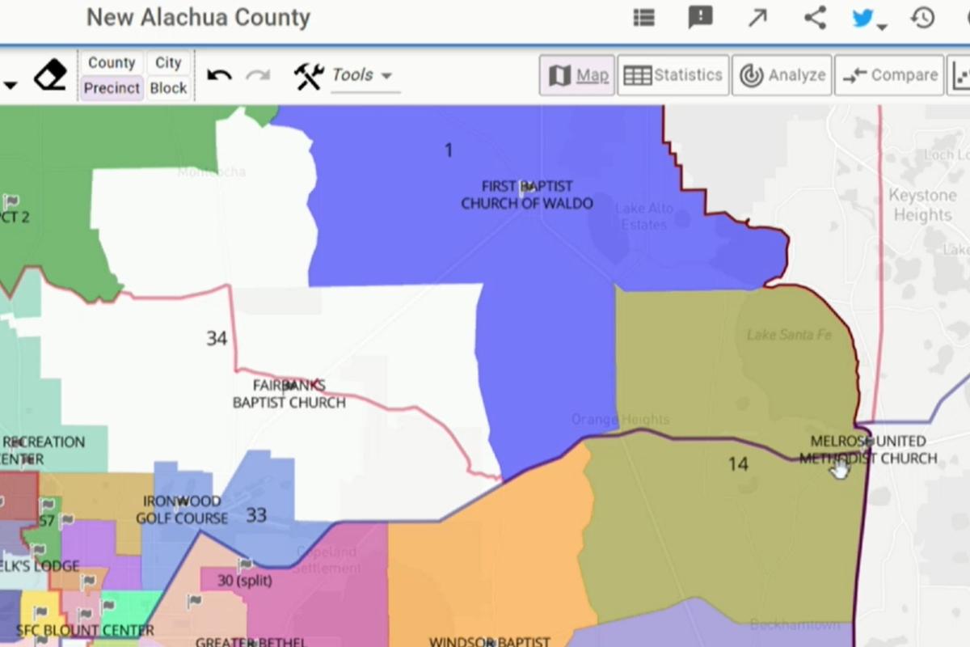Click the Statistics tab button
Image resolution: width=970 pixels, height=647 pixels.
[673, 75]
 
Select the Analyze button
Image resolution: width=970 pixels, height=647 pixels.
[782, 75]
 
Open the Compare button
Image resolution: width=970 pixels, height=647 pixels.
[889, 75]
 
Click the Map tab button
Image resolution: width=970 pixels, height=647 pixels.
[577, 75]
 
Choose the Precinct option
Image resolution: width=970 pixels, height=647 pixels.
[112, 88]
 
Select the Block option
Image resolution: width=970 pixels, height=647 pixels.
[168, 88]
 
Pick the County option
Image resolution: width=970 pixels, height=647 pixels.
[112, 63]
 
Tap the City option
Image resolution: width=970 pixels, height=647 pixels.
[168, 63]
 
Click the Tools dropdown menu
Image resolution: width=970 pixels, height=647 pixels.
[362, 75]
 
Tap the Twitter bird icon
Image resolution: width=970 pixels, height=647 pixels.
[863, 18]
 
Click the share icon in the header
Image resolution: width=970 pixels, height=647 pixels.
[815, 18]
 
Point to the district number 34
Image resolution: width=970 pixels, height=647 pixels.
[216, 339]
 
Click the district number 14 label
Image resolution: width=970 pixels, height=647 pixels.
[737, 464]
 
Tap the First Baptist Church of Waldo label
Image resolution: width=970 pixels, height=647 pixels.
[527, 195]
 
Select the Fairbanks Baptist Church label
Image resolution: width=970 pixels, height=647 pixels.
[289, 394]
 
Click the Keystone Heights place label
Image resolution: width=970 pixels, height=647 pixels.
[922, 205]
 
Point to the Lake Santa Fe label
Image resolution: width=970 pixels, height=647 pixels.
[788, 335]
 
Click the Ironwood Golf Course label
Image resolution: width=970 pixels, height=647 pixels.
[181, 510]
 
